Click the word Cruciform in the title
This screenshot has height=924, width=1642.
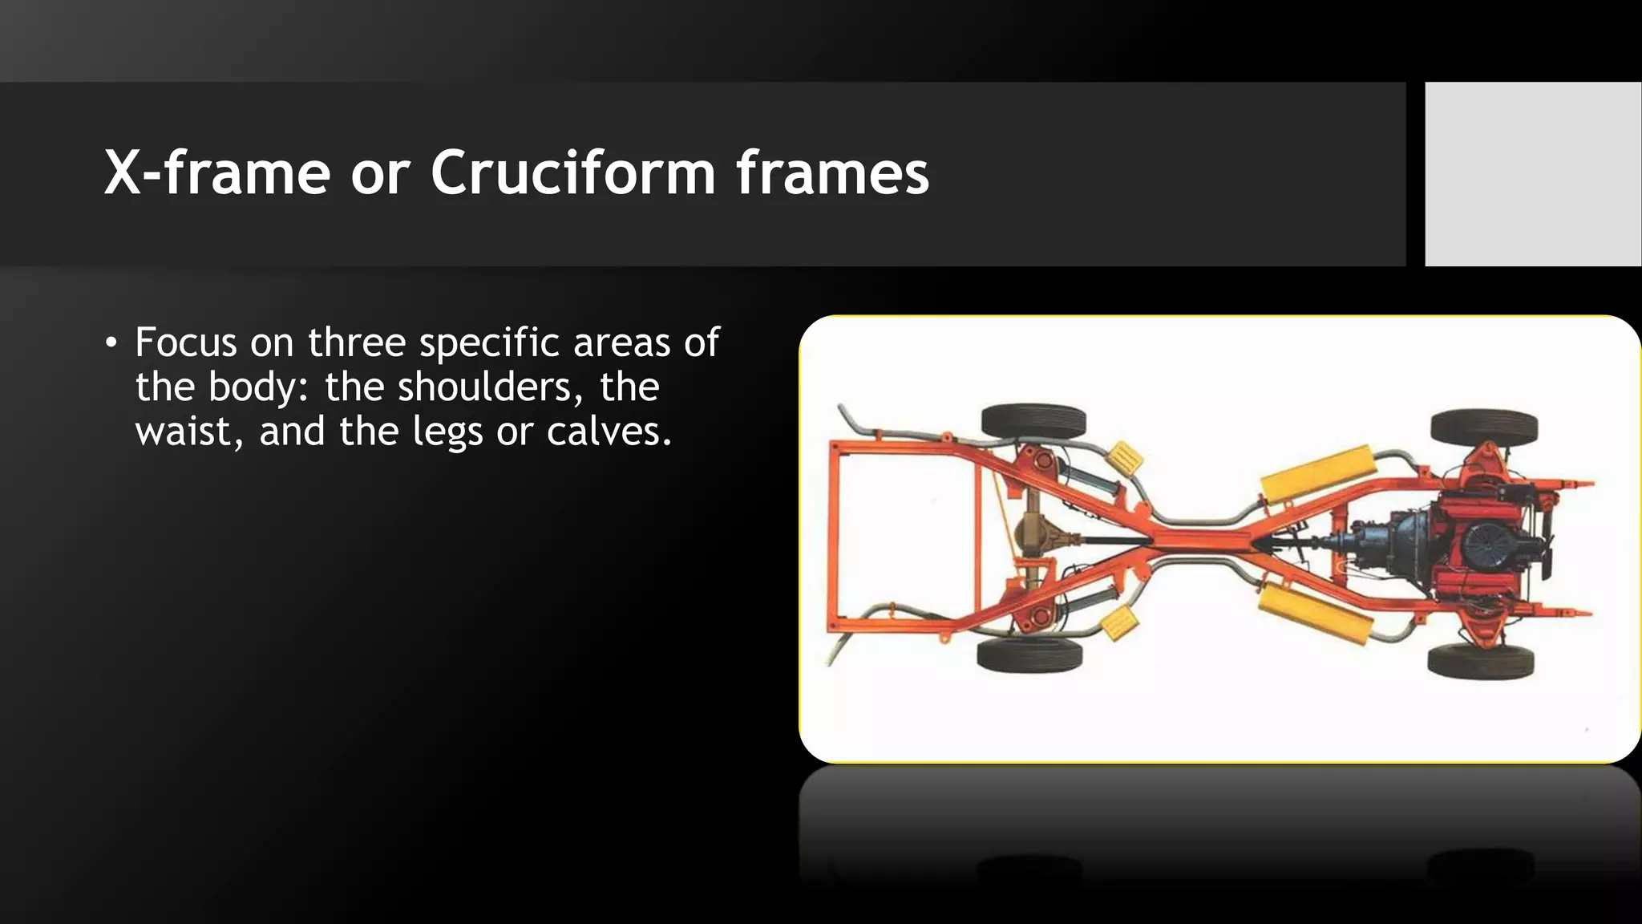(x=572, y=173)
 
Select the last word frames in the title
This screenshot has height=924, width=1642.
(x=832, y=173)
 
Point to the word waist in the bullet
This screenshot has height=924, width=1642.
(x=189, y=432)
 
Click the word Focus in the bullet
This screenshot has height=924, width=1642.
(x=185, y=342)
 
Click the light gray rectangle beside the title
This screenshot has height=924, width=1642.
(x=1533, y=173)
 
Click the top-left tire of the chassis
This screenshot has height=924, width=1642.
(x=1033, y=421)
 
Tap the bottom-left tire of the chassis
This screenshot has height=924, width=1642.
(x=1029, y=654)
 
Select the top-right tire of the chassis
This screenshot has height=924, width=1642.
(x=1484, y=427)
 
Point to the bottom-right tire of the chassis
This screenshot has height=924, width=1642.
(x=1481, y=661)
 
